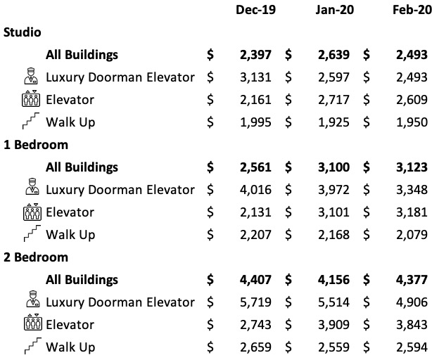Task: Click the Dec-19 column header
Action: point(256,10)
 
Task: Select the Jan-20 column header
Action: point(333,10)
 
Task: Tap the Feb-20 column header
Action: point(412,10)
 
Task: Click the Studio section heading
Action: point(22,32)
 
